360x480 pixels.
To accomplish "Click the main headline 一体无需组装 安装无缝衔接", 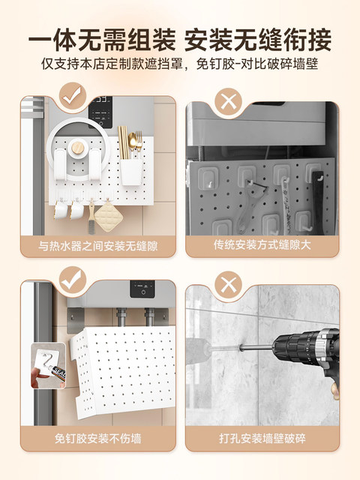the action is pos(180,40).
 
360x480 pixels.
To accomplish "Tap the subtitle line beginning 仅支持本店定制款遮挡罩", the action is pos(180,64).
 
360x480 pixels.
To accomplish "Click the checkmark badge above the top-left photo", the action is pos(73,95).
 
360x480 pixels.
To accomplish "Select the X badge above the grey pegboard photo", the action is pos(228,101).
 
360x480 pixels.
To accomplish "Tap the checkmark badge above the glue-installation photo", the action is pos(73,280).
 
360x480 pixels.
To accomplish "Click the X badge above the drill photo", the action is pos(228,285).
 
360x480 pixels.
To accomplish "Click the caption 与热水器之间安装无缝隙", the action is pos(98,246).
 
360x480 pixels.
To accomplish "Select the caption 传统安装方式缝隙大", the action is pos(262,245).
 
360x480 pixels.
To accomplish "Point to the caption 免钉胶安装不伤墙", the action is pos(98,438).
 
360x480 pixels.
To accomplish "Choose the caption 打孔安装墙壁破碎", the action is pos(262,438).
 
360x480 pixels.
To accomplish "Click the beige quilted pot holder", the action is pos(108,216).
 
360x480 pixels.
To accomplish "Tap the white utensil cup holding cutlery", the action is pos(132,172).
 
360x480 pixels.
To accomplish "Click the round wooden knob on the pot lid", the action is pos(78,148).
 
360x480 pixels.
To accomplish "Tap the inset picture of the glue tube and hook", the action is pos(48,365).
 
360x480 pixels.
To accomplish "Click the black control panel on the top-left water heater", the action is pos(100,112).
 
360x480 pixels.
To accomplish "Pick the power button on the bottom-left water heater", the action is pos(142,292).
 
